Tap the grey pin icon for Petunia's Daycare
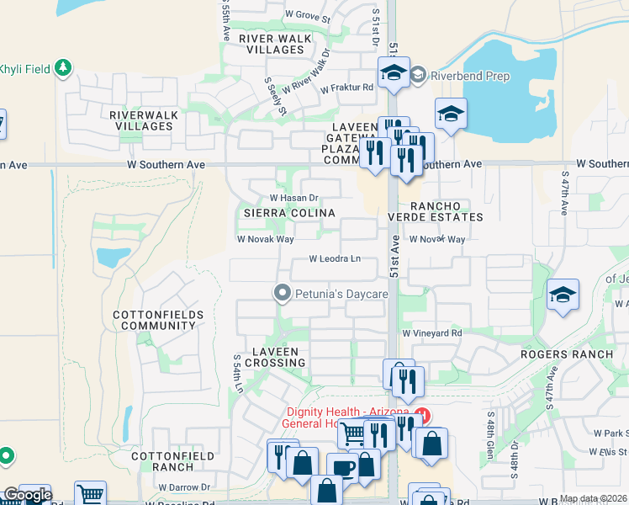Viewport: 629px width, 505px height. click(x=282, y=293)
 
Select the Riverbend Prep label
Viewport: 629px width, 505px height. click(x=458, y=75)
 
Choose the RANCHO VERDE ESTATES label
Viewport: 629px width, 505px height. click(x=446, y=211)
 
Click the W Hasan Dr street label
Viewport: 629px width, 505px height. click(x=293, y=198)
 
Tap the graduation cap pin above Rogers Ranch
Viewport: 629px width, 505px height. click(x=563, y=295)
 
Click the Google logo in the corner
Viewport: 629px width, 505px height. click(x=28, y=495)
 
